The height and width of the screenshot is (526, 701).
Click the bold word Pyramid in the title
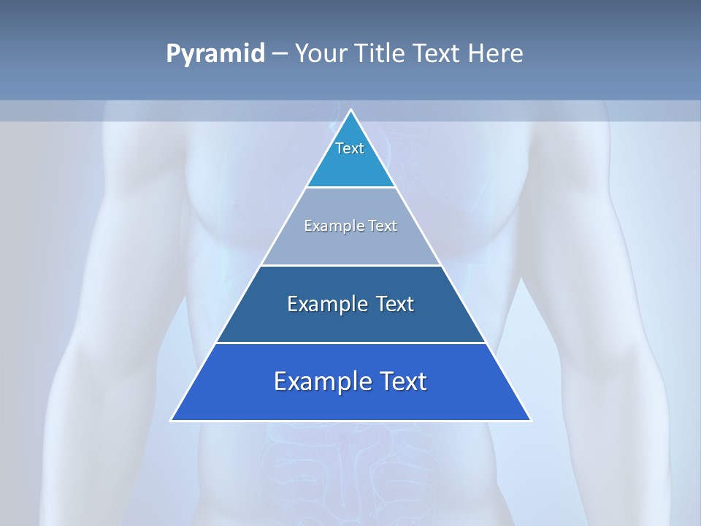(215, 54)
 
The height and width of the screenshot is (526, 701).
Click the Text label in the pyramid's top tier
(350, 148)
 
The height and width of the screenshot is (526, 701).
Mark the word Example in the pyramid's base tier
(318, 382)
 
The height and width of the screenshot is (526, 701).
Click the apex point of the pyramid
(351, 110)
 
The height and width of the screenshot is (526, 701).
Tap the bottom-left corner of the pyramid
(172, 420)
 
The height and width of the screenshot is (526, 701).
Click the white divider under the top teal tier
(351, 187)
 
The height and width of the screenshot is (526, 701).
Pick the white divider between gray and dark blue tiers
(351, 265)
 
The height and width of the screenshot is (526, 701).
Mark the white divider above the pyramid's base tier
(351, 343)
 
